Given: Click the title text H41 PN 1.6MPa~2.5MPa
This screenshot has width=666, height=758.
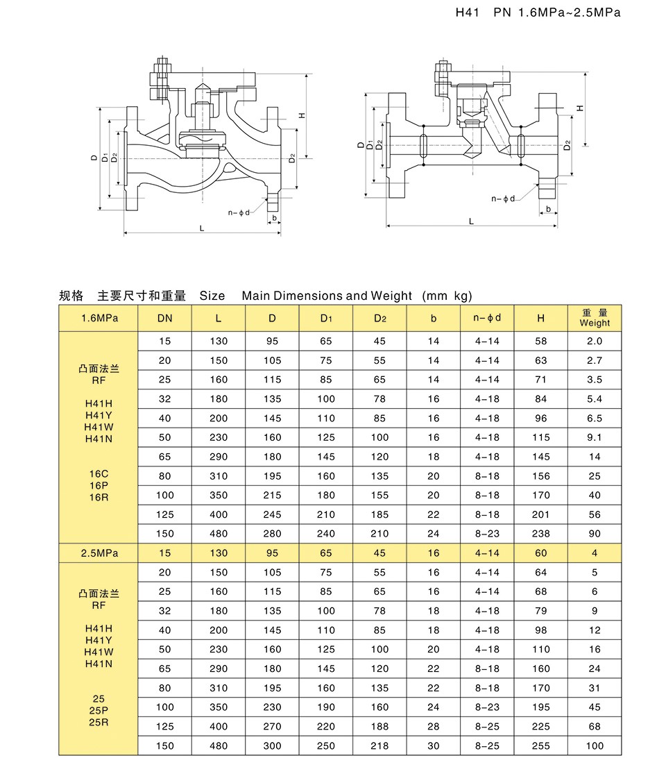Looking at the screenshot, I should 538,12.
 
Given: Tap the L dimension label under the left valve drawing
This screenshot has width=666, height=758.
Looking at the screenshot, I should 202,228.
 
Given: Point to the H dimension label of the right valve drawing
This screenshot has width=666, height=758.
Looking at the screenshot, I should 580,108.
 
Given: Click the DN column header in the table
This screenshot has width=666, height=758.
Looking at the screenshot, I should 164,318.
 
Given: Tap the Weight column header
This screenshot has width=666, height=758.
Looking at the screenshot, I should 595,318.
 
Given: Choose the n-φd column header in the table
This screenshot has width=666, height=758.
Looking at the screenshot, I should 487,318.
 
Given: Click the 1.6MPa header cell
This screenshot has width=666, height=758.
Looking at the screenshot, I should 99,318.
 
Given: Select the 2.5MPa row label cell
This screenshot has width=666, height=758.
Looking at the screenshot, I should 99,553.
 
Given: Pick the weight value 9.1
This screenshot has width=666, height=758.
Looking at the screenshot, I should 595,437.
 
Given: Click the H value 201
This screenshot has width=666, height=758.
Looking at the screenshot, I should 540,514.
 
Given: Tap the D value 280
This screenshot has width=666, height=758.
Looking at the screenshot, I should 273,534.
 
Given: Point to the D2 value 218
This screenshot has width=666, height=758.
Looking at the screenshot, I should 379,746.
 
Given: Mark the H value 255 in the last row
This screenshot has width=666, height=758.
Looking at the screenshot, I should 540,746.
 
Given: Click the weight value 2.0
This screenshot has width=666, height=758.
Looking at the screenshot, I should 595,341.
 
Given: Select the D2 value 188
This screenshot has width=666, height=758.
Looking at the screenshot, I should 379,727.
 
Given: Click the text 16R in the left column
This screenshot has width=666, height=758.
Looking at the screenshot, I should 99,497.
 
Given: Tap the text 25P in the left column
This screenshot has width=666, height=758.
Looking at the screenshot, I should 99,710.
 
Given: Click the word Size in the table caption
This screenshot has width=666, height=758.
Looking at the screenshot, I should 212,296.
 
